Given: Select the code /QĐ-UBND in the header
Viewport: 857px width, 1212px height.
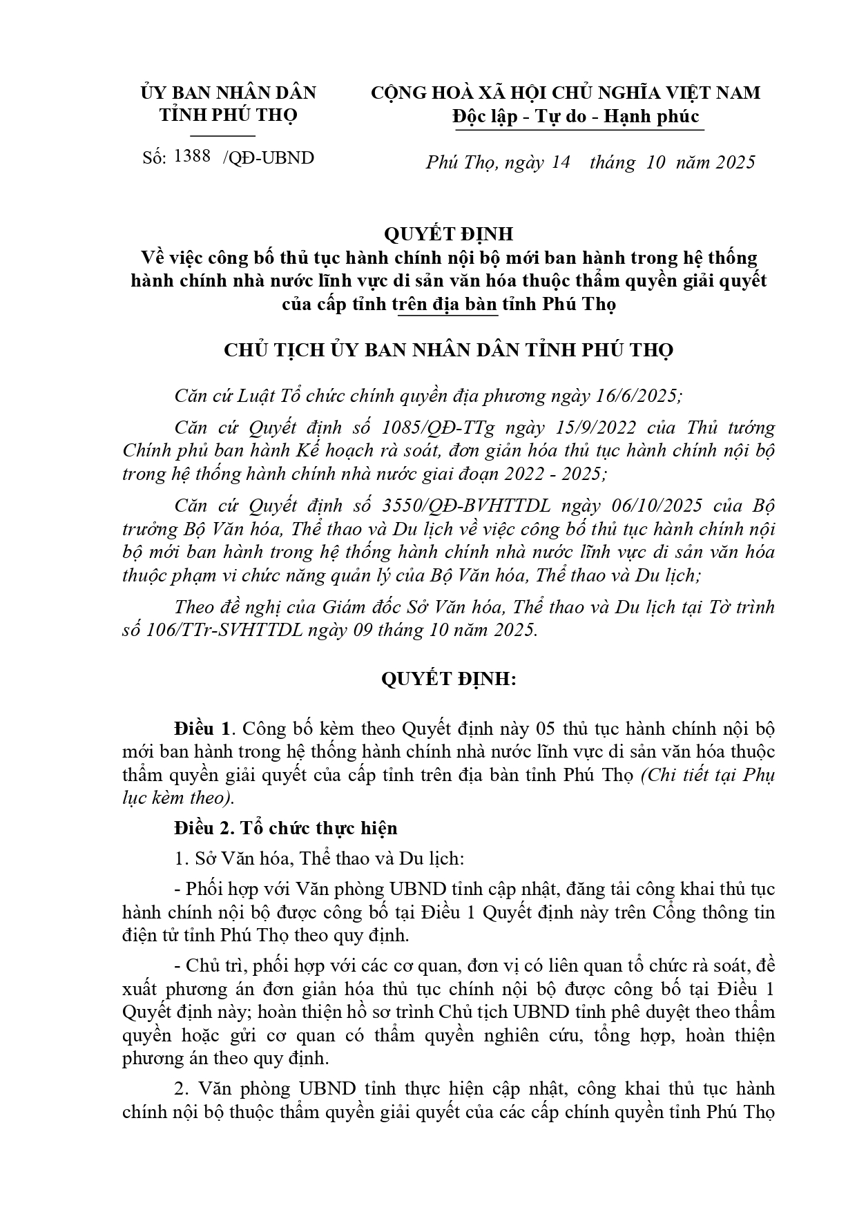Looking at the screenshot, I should [269, 158].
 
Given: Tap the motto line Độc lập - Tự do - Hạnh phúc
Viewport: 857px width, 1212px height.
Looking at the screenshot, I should [577, 117].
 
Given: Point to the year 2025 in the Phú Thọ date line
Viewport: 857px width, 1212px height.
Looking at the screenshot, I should [735, 162].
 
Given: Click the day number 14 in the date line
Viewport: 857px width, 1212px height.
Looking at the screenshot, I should [561, 162].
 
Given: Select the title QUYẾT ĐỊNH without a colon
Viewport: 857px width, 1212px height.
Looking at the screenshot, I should [448, 235].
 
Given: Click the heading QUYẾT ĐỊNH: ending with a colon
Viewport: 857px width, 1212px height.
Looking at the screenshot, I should [448, 679].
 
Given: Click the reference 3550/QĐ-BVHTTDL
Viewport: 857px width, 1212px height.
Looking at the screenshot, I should [466, 506].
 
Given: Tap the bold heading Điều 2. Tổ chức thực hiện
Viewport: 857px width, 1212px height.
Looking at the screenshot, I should [285, 828].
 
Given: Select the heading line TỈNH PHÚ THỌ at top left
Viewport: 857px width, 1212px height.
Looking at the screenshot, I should [229, 115].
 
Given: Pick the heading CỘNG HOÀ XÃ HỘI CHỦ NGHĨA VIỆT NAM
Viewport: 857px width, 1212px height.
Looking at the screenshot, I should [566, 93].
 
